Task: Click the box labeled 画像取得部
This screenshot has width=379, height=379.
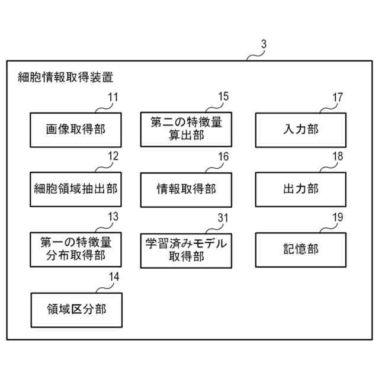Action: (75, 130)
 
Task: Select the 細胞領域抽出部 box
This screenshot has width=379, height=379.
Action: (75, 189)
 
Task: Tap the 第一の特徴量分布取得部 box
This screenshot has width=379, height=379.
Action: (75, 249)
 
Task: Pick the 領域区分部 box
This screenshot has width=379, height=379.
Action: (75, 309)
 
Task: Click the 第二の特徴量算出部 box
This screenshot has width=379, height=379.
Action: (186, 130)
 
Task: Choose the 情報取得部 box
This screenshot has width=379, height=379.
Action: (186, 189)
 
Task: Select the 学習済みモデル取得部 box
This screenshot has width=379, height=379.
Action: (186, 249)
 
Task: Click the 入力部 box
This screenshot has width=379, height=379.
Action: (300, 130)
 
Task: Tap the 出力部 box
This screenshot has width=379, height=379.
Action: (300, 189)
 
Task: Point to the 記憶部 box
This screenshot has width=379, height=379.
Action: (300, 249)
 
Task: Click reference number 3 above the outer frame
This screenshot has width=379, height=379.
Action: (263, 44)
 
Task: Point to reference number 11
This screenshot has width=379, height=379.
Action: (113, 97)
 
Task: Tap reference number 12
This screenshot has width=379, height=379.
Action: (113, 156)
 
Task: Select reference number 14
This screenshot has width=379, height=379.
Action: (113, 276)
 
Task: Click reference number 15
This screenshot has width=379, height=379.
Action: (223, 97)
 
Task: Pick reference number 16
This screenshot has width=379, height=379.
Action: (223, 156)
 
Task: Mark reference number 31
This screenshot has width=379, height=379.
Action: (223, 217)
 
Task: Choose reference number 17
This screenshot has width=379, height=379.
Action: (337, 97)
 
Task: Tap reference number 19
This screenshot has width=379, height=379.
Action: (337, 217)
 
